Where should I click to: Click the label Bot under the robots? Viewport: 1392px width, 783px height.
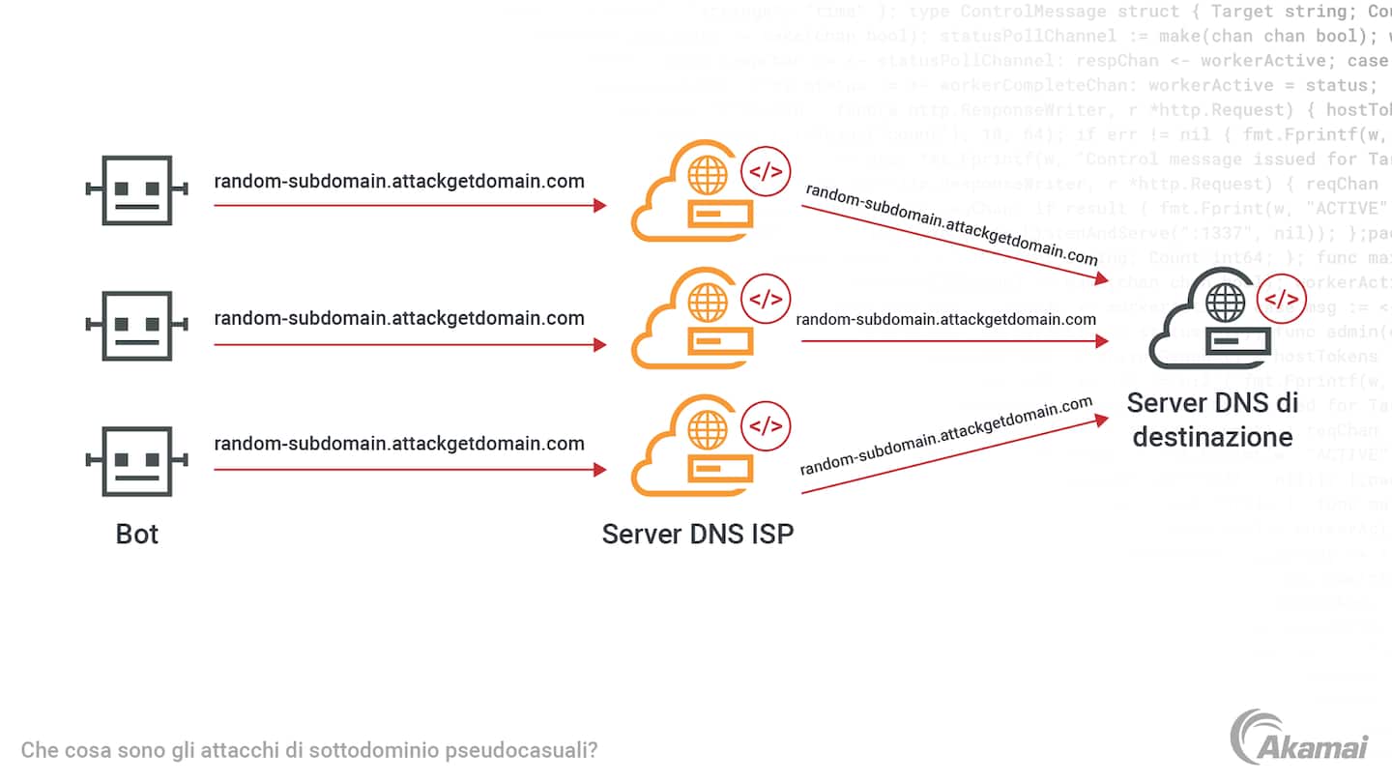click(x=137, y=534)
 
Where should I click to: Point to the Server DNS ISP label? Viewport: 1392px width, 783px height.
click(x=697, y=534)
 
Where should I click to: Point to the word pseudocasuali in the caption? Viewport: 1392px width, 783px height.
click(x=531, y=750)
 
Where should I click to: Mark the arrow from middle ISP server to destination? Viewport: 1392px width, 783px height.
click(x=953, y=341)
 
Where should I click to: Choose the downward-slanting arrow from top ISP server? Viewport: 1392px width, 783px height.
click(x=953, y=242)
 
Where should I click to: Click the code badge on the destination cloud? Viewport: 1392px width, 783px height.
click(x=1283, y=300)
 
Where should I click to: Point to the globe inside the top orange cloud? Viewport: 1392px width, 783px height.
click(x=708, y=177)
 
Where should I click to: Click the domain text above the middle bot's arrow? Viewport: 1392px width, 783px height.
click(x=399, y=318)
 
